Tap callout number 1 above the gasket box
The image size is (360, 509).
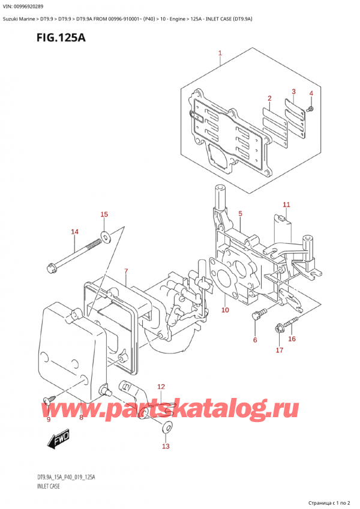coord(220,53)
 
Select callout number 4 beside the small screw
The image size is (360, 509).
coord(311,94)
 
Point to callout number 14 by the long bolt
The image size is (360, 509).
coord(74,232)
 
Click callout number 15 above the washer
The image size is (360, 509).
coord(104,214)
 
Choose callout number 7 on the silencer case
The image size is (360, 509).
coord(126,272)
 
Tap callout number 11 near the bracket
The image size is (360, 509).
coord(286,205)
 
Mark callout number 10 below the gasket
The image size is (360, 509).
coord(225,310)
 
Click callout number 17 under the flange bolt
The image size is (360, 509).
coord(280,350)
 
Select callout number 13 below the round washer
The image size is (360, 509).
coord(166,446)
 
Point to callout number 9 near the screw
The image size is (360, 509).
coord(49,420)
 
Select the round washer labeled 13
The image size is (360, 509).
coord(166,427)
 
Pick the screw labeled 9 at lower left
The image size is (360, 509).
coord(48,399)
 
